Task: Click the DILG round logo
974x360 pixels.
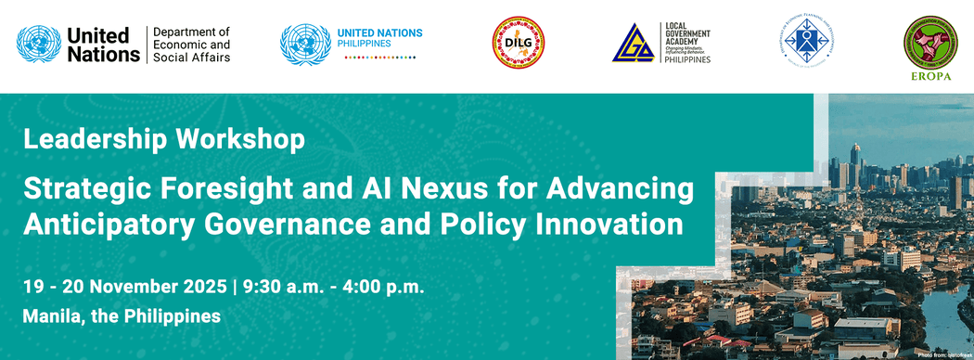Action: click(518, 44)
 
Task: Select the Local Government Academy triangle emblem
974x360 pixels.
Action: click(633, 45)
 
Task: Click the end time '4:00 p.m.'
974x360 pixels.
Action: click(384, 286)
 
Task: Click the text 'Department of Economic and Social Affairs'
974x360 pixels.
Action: click(191, 45)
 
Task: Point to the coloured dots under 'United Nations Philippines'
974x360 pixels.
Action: click(380, 58)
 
